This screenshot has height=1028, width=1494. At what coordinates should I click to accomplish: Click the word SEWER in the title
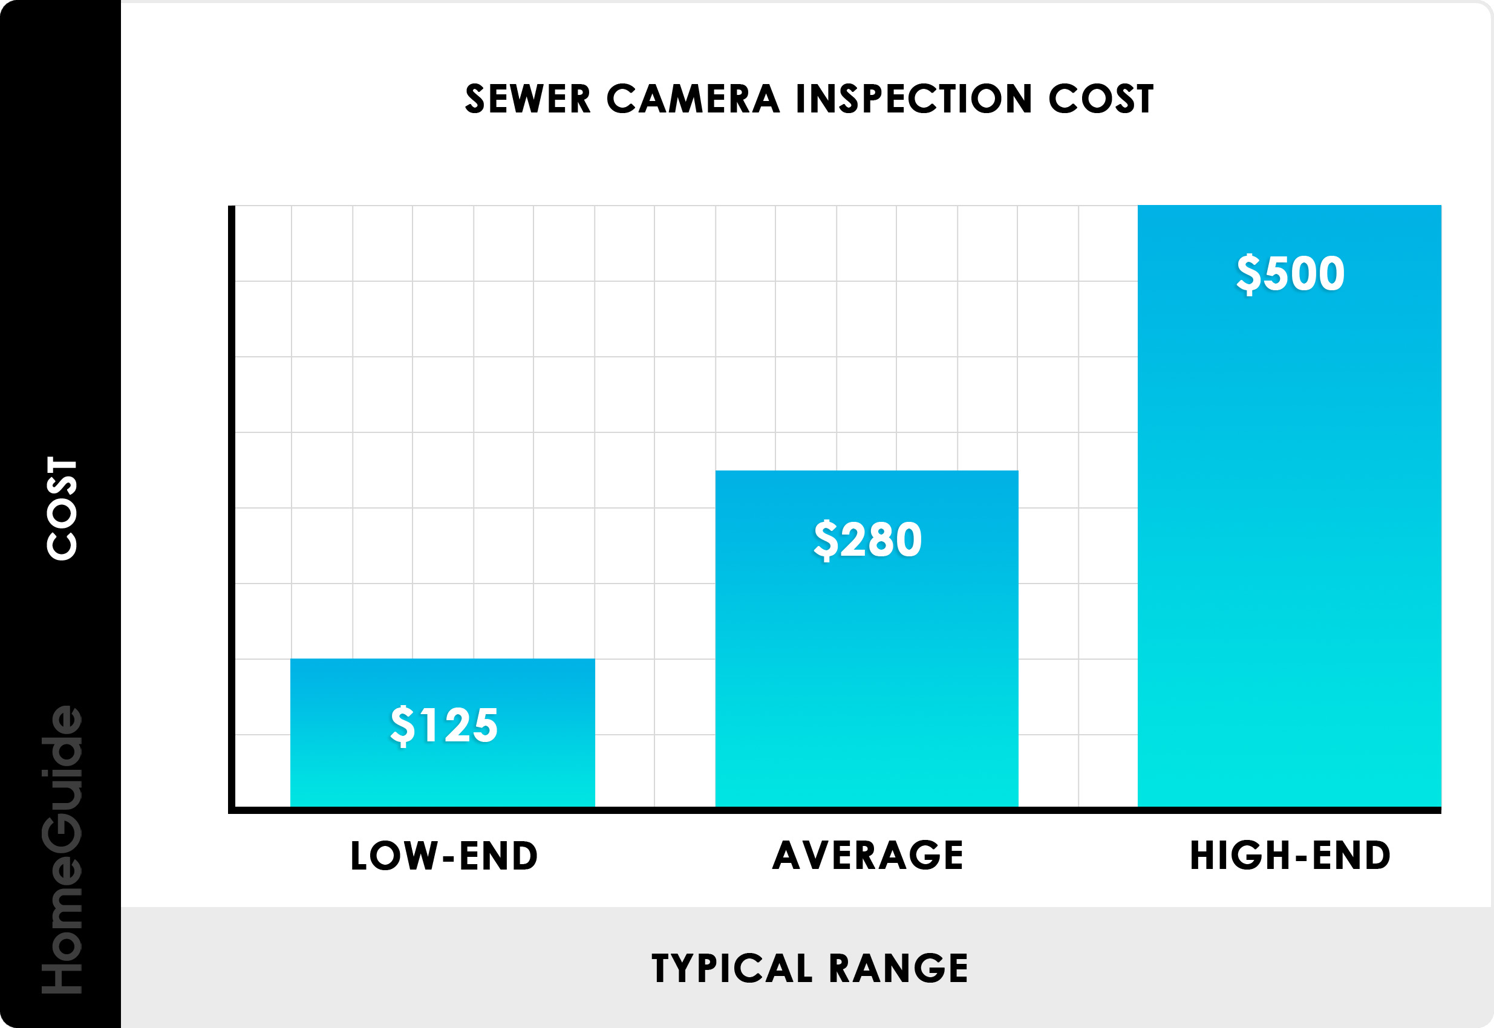point(527,99)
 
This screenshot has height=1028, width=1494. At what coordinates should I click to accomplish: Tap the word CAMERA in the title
point(693,99)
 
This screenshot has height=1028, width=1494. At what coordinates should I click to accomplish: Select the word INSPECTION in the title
point(914,99)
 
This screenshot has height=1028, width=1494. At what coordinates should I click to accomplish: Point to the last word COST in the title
point(1101,99)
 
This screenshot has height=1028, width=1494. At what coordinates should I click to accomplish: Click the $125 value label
point(444,725)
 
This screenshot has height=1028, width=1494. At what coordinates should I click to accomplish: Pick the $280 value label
point(867,539)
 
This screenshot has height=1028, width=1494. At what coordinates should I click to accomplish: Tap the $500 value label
point(1290,273)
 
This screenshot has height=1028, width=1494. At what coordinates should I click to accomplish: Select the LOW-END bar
point(443,767)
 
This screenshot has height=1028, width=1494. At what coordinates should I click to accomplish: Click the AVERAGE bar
point(867,676)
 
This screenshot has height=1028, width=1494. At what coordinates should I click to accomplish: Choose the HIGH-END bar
point(1289,515)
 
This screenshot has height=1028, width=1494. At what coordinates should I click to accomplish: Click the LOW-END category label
point(444,856)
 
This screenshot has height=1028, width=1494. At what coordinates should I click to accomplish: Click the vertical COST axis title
point(62,508)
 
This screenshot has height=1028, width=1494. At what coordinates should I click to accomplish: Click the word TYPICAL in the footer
point(732,968)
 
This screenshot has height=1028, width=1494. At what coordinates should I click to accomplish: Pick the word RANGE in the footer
point(899,968)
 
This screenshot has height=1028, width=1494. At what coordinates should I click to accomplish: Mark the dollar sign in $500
point(1248,274)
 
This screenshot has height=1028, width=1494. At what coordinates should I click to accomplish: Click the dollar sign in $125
point(403,726)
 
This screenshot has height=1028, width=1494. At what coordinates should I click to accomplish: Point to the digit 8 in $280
point(880,539)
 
